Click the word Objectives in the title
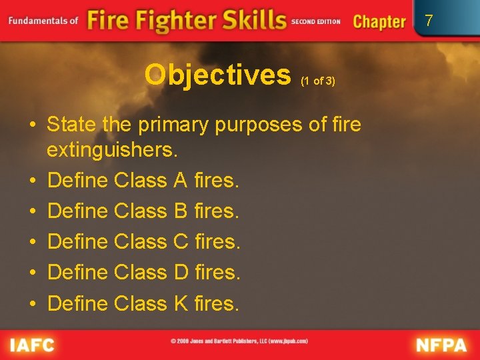click(x=217, y=76)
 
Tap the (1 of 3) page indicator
click(x=317, y=81)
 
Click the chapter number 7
click(x=429, y=21)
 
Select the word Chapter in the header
click(x=379, y=21)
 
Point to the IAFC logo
click(x=31, y=345)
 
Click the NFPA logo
click(x=441, y=345)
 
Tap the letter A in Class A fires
click(x=179, y=180)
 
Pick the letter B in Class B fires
click(x=179, y=211)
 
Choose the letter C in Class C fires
click(x=181, y=242)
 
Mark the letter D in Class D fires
click(x=181, y=273)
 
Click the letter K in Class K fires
click(x=180, y=304)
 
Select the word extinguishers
click(x=112, y=150)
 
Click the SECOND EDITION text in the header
click(x=315, y=21)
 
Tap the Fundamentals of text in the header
click(x=43, y=20)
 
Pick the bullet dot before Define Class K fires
click(x=32, y=304)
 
